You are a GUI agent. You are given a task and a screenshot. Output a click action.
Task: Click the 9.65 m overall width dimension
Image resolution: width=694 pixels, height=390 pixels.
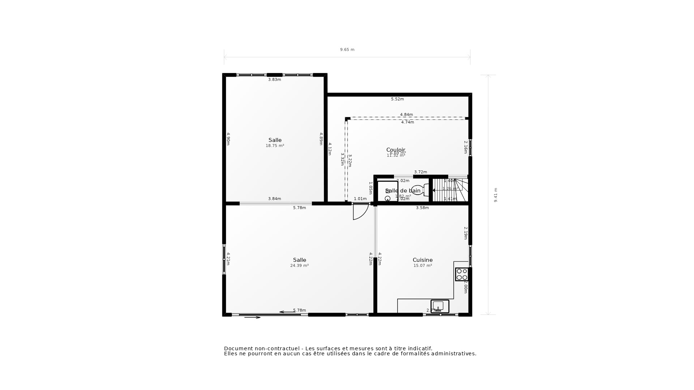347,49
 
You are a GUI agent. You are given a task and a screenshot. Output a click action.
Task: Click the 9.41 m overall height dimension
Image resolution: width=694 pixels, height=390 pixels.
496,195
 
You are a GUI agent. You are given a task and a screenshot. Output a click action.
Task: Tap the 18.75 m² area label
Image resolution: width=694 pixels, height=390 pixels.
275,146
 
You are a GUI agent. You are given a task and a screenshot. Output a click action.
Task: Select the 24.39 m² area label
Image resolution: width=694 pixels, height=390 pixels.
299,265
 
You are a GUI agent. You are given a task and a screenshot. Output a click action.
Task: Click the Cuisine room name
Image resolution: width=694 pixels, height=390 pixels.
423,260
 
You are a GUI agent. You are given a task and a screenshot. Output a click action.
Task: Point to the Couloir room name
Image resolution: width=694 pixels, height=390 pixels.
396,149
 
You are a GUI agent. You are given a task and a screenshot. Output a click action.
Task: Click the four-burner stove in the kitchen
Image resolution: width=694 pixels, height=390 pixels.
462,274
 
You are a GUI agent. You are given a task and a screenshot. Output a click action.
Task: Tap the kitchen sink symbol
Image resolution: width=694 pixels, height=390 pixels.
440,306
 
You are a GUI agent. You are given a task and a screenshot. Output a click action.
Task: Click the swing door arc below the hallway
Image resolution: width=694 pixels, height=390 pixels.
360,212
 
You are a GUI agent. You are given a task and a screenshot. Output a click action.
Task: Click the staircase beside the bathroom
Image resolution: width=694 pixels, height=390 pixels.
450,190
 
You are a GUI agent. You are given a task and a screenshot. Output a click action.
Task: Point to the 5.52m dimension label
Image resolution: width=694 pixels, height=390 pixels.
397,99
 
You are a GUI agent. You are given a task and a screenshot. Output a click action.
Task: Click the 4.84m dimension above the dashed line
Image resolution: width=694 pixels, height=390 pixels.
406,114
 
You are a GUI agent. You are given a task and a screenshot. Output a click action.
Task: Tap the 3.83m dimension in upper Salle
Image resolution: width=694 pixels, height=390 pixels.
274,79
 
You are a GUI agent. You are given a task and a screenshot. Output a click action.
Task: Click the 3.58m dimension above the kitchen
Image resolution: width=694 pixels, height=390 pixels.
422,208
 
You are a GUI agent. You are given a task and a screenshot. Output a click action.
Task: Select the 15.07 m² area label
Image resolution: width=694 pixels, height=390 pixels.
423,265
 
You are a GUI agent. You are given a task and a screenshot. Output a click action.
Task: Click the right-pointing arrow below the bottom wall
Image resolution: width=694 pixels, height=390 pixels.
252,317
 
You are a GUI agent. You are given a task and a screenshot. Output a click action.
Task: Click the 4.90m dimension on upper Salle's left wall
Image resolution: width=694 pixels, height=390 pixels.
228,139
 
